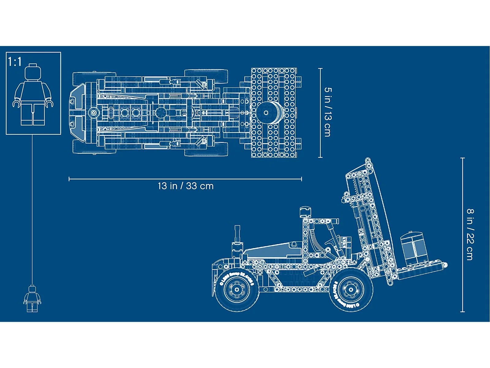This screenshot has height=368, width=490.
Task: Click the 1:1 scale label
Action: [x=15, y=62]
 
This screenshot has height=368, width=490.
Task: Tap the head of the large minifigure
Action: [x=33, y=72]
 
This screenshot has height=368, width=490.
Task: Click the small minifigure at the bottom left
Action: [x=32, y=298]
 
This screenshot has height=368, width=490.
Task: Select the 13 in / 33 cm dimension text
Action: [x=186, y=186]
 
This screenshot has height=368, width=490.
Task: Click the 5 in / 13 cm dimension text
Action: [x=328, y=112]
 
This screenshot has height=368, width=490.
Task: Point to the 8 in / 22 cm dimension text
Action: [x=470, y=235]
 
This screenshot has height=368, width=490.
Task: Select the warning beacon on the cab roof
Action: [x=304, y=212]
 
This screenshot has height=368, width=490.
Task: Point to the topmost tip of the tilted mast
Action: [x=368, y=160]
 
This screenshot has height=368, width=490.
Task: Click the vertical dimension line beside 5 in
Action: [x=320, y=113]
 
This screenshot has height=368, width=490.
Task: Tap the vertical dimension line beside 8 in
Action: [x=462, y=235]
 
